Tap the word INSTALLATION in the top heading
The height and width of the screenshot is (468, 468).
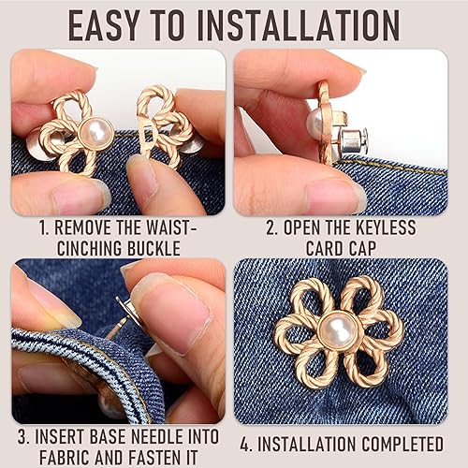[299, 25]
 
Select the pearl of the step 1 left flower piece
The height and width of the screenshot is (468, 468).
[96, 134]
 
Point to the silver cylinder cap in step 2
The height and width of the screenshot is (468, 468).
[355, 142]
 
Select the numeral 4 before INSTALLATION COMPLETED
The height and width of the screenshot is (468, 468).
[245, 444]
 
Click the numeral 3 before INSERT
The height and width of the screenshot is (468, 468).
[22, 437]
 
